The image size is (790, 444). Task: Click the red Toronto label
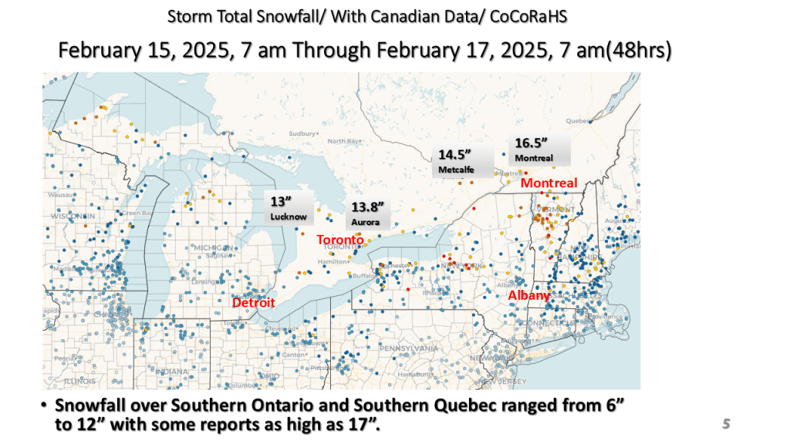point(340,240)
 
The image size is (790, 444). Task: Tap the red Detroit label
point(254,302)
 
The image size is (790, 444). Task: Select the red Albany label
point(528,295)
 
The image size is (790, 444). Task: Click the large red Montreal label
point(549,183)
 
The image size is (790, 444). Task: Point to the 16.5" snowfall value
point(531,143)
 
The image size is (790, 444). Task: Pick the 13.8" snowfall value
point(367,207)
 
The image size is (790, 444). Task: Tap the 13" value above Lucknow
point(279,202)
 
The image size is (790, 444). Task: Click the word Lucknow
point(289,217)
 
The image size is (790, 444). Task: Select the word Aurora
point(366,222)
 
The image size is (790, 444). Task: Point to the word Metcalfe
point(455,170)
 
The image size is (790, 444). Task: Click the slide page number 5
point(726,423)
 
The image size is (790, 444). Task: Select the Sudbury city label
point(302,133)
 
